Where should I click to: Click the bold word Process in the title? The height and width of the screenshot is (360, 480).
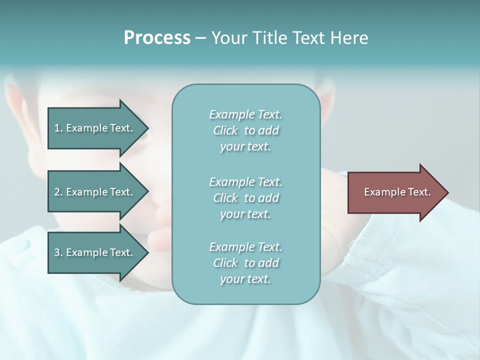click(x=157, y=38)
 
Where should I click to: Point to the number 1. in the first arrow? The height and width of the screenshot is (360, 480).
click(x=58, y=128)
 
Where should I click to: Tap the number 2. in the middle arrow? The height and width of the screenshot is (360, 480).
click(x=58, y=192)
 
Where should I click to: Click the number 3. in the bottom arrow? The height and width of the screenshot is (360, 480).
click(x=58, y=252)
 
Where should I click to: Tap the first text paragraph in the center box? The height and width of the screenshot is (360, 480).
click(x=245, y=130)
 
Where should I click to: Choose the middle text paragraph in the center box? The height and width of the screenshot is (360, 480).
click(x=245, y=198)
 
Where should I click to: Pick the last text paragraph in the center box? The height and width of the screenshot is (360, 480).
click(x=245, y=263)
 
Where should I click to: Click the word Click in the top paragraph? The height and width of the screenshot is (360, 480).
click(x=225, y=131)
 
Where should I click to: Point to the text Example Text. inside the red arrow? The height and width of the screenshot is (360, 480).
click(x=397, y=192)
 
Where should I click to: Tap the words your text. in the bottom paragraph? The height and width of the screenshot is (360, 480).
click(x=245, y=279)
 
